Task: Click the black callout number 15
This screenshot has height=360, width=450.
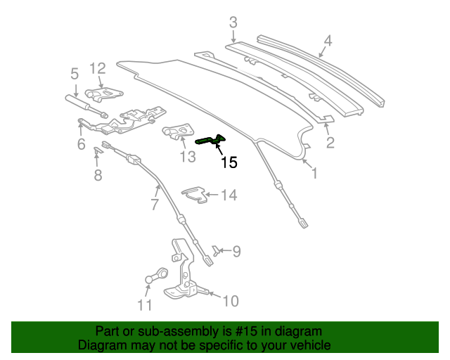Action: (229, 163)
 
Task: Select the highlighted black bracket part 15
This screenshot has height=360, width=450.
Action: (210, 140)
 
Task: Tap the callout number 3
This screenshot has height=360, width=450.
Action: (233, 22)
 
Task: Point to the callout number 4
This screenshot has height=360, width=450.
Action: (326, 40)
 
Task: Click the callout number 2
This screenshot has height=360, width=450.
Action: (330, 143)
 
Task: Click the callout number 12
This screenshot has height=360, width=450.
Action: (97, 68)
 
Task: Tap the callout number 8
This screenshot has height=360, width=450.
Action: (98, 174)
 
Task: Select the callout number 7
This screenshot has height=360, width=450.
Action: (155, 205)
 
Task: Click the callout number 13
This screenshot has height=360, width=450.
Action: (187, 156)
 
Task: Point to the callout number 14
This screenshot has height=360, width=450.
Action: (229, 195)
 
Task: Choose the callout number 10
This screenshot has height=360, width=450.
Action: (230, 301)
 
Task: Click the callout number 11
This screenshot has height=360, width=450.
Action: (144, 304)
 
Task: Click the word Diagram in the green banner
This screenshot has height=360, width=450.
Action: (103, 346)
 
